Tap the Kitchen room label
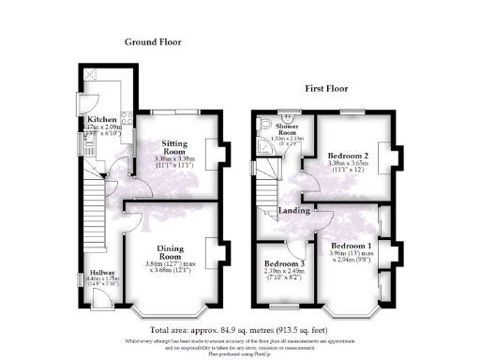click(x=101, y=121)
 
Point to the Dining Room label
click(x=169, y=251)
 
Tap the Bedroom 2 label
click(x=349, y=155)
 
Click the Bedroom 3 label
click(x=282, y=264)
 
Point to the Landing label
click(x=296, y=211)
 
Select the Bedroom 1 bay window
click(x=353, y=308)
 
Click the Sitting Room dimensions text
click(x=174, y=162)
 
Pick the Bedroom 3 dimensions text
click(x=282, y=275)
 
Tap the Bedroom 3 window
click(x=281, y=306)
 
